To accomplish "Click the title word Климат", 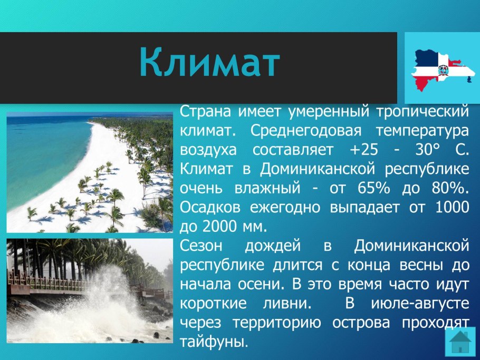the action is click(x=210, y=62).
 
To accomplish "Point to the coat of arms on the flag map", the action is click(x=443, y=70).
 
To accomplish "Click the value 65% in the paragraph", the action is click(x=374, y=188).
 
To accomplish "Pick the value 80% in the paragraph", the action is click(x=450, y=188).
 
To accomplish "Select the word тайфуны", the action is click(x=214, y=342).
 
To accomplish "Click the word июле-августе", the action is click(x=420, y=304).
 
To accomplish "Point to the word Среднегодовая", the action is click(x=306, y=131).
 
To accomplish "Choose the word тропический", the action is click(x=423, y=112).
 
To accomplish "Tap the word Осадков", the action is click(x=210, y=207).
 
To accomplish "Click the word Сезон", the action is click(x=201, y=246).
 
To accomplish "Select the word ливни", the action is click(x=287, y=304).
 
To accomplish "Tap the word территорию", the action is click(x=277, y=323).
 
